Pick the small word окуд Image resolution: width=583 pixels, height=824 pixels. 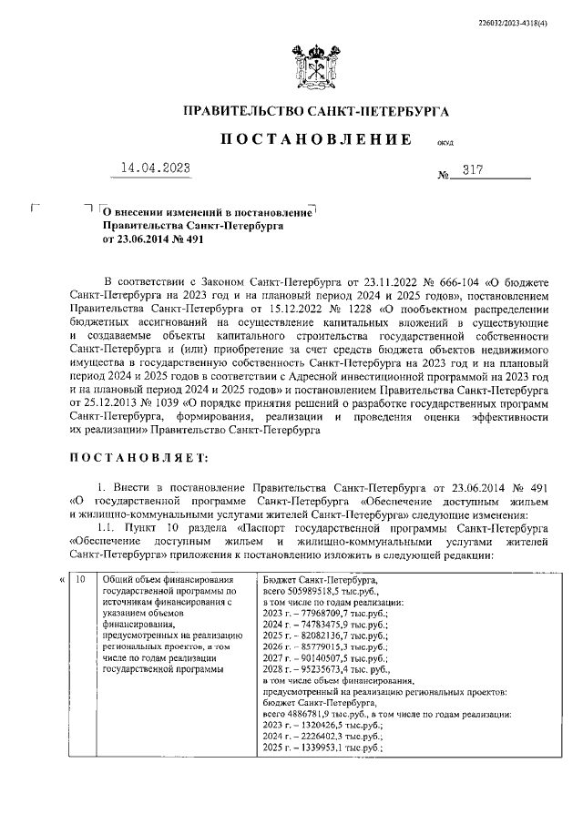point(446,143)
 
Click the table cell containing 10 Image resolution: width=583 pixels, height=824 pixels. point(80,579)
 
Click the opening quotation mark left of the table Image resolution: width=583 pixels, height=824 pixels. point(61,579)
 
